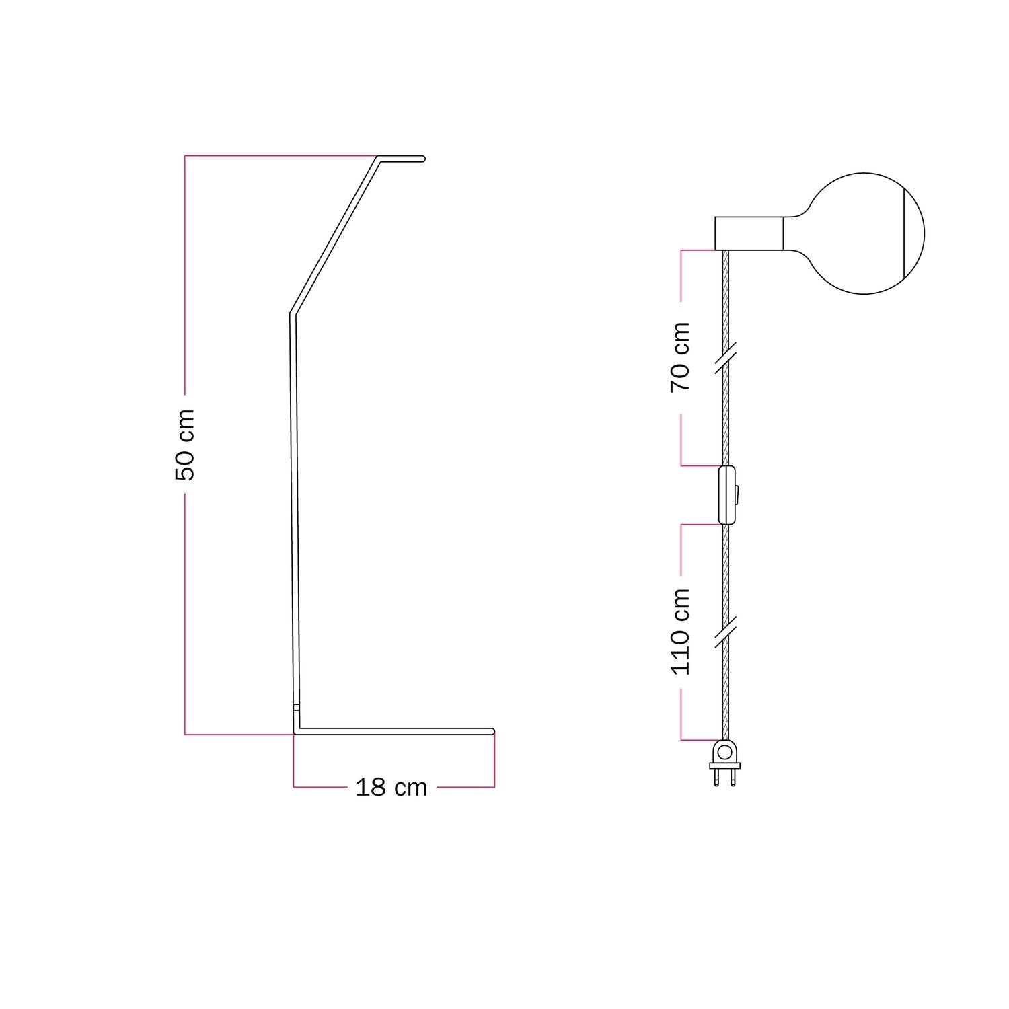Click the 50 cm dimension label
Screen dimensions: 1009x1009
184,445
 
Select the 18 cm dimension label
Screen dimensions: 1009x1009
391,787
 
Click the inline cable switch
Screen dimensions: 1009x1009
727,494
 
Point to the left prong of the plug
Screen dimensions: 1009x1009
718,778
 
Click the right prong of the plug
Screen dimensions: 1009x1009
732,778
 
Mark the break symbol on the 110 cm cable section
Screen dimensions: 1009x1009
725,631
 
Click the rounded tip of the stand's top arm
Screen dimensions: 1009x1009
422,159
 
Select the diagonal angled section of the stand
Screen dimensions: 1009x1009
334,236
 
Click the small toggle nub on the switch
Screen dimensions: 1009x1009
739,494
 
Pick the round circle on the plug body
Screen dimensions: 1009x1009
724,751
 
